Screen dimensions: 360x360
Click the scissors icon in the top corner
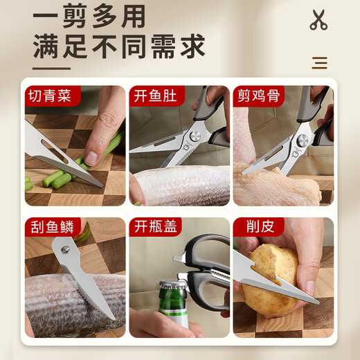(318, 20)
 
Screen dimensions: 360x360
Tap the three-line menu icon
(319, 63)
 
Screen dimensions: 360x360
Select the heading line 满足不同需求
(119, 47)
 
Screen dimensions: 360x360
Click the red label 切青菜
(49, 96)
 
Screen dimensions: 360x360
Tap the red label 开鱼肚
(153, 96)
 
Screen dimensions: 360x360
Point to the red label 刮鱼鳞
(49, 227)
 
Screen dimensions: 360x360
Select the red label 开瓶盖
(153, 227)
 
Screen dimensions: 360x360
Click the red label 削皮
(251, 227)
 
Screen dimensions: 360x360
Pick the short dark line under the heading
(52, 68)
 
